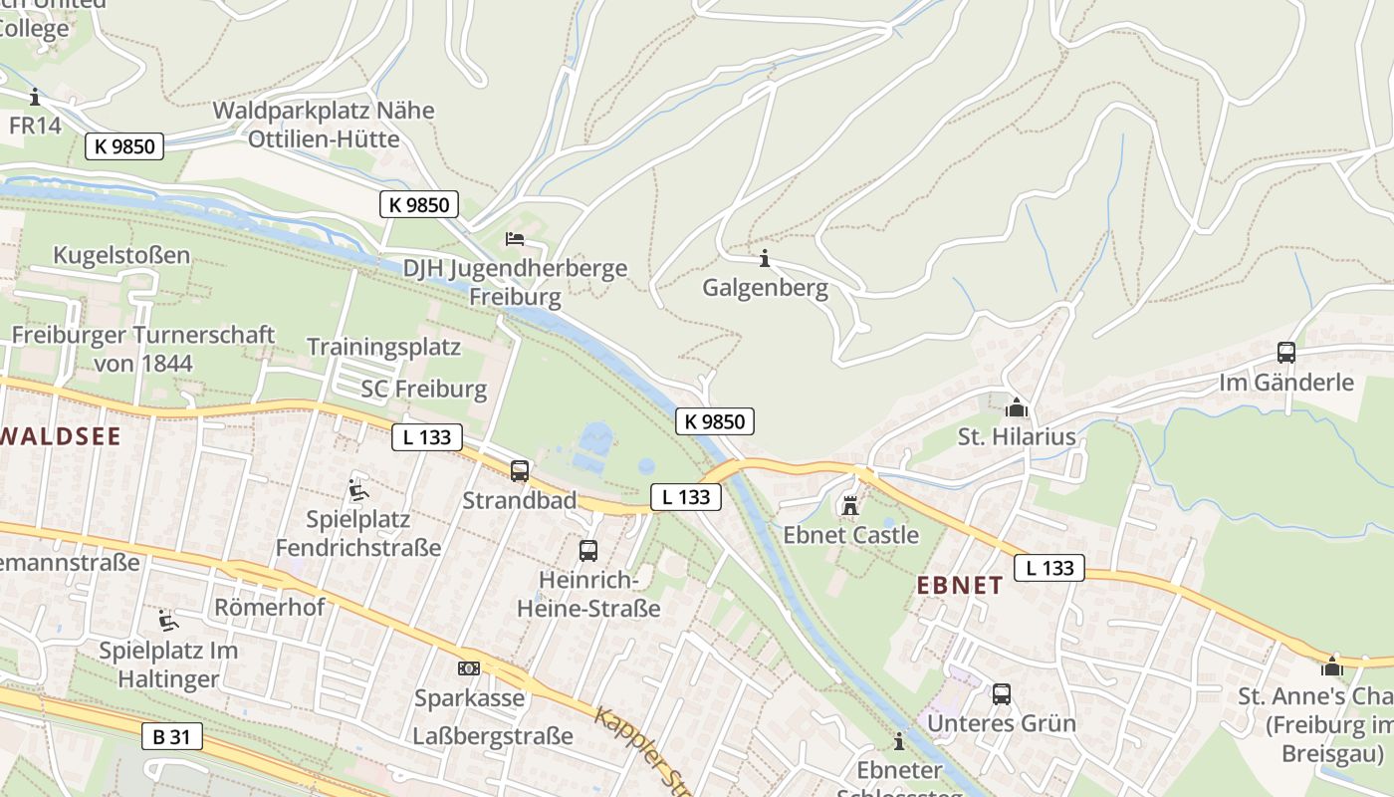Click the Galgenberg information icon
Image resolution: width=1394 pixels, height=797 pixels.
click(764, 258)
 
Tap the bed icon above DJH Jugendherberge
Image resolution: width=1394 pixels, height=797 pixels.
click(515, 238)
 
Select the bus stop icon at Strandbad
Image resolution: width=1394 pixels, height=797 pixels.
click(520, 471)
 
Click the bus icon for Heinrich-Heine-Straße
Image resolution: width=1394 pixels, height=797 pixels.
click(588, 550)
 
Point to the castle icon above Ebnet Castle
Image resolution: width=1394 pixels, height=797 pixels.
click(850, 506)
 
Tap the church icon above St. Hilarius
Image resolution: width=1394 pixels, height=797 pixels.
click(1017, 407)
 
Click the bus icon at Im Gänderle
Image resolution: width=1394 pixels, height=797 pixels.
click(1286, 352)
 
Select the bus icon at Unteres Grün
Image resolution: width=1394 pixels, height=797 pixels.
click(1002, 694)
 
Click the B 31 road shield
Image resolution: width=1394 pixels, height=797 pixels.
click(172, 737)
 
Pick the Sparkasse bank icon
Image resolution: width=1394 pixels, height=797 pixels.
click(468, 668)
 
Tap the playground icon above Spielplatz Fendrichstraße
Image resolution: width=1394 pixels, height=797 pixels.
click(357, 490)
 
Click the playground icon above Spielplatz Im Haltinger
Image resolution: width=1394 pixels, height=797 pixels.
click(168, 622)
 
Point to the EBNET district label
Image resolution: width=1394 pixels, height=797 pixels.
click(959, 586)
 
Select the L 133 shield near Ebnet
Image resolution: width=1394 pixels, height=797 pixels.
click(1049, 568)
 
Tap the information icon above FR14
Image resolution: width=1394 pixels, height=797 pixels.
click(35, 97)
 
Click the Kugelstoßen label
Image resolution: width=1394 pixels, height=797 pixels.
click(121, 255)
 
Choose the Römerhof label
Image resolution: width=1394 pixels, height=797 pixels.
click(270, 607)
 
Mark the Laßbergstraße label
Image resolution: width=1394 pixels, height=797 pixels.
click(493, 736)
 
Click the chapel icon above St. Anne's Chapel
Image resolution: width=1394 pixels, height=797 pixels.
click(1332, 666)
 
